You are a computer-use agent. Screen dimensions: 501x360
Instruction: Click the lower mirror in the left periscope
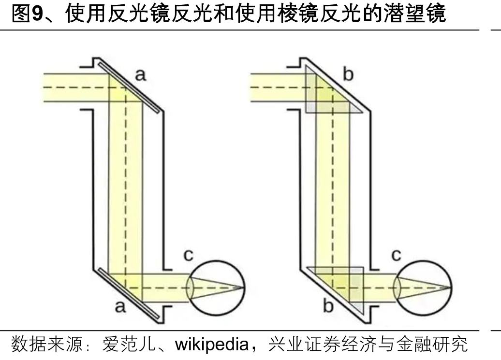129,294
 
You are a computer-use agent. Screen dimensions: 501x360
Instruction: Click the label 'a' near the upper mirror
141,75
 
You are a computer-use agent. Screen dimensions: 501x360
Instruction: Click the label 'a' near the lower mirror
120,306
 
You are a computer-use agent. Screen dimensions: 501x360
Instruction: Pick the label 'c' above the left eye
189,255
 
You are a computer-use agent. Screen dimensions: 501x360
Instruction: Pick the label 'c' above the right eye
396,255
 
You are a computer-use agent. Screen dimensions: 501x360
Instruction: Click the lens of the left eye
191,288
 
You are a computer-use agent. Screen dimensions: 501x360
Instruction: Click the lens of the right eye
397,288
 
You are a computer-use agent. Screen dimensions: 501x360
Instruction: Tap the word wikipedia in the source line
212,345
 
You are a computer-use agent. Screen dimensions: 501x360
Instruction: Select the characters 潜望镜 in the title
415,14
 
